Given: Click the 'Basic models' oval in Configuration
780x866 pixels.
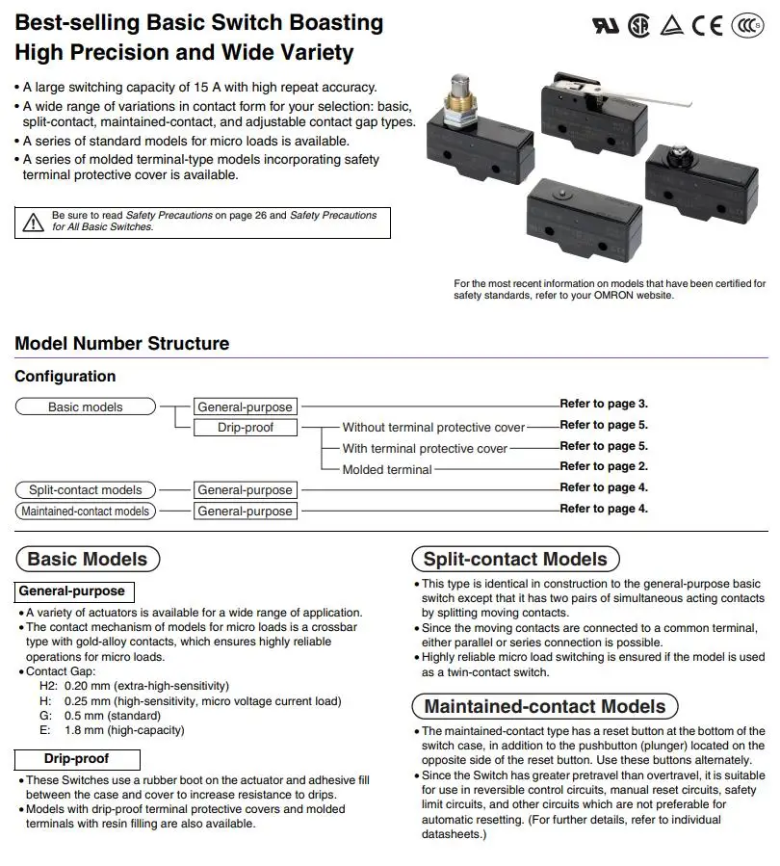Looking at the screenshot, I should click(85, 407).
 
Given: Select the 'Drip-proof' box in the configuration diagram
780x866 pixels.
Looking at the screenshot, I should click(246, 427).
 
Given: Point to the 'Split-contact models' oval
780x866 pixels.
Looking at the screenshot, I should click(85, 489).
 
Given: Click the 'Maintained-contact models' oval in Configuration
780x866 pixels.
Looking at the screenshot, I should click(85, 511).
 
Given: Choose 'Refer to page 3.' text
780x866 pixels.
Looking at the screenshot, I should click(604, 404).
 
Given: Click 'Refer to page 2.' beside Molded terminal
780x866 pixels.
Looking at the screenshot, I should click(604, 466).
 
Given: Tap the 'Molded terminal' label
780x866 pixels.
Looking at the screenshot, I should click(387, 469).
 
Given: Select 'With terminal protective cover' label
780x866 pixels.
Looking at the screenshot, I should click(425, 448).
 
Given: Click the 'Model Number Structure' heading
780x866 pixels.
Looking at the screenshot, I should click(122, 344).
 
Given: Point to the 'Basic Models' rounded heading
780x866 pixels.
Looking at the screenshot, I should click(87, 559).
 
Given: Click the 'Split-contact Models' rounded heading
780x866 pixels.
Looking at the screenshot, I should click(515, 559).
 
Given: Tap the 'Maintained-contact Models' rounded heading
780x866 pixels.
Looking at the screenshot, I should click(544, 706).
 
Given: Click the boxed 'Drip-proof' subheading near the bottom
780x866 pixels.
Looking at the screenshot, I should click(77, 759).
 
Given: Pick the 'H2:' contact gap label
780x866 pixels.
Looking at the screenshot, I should click(48, 686).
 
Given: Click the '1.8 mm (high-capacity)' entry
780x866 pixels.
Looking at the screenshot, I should click(124, 730).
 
